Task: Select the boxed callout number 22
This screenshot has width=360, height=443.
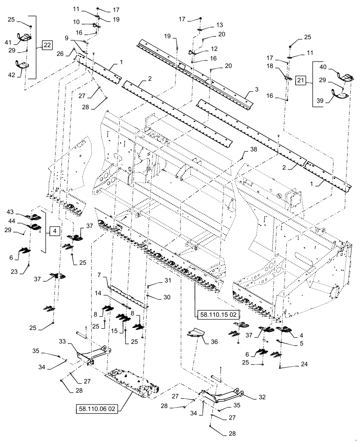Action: (x=48, y=44)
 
